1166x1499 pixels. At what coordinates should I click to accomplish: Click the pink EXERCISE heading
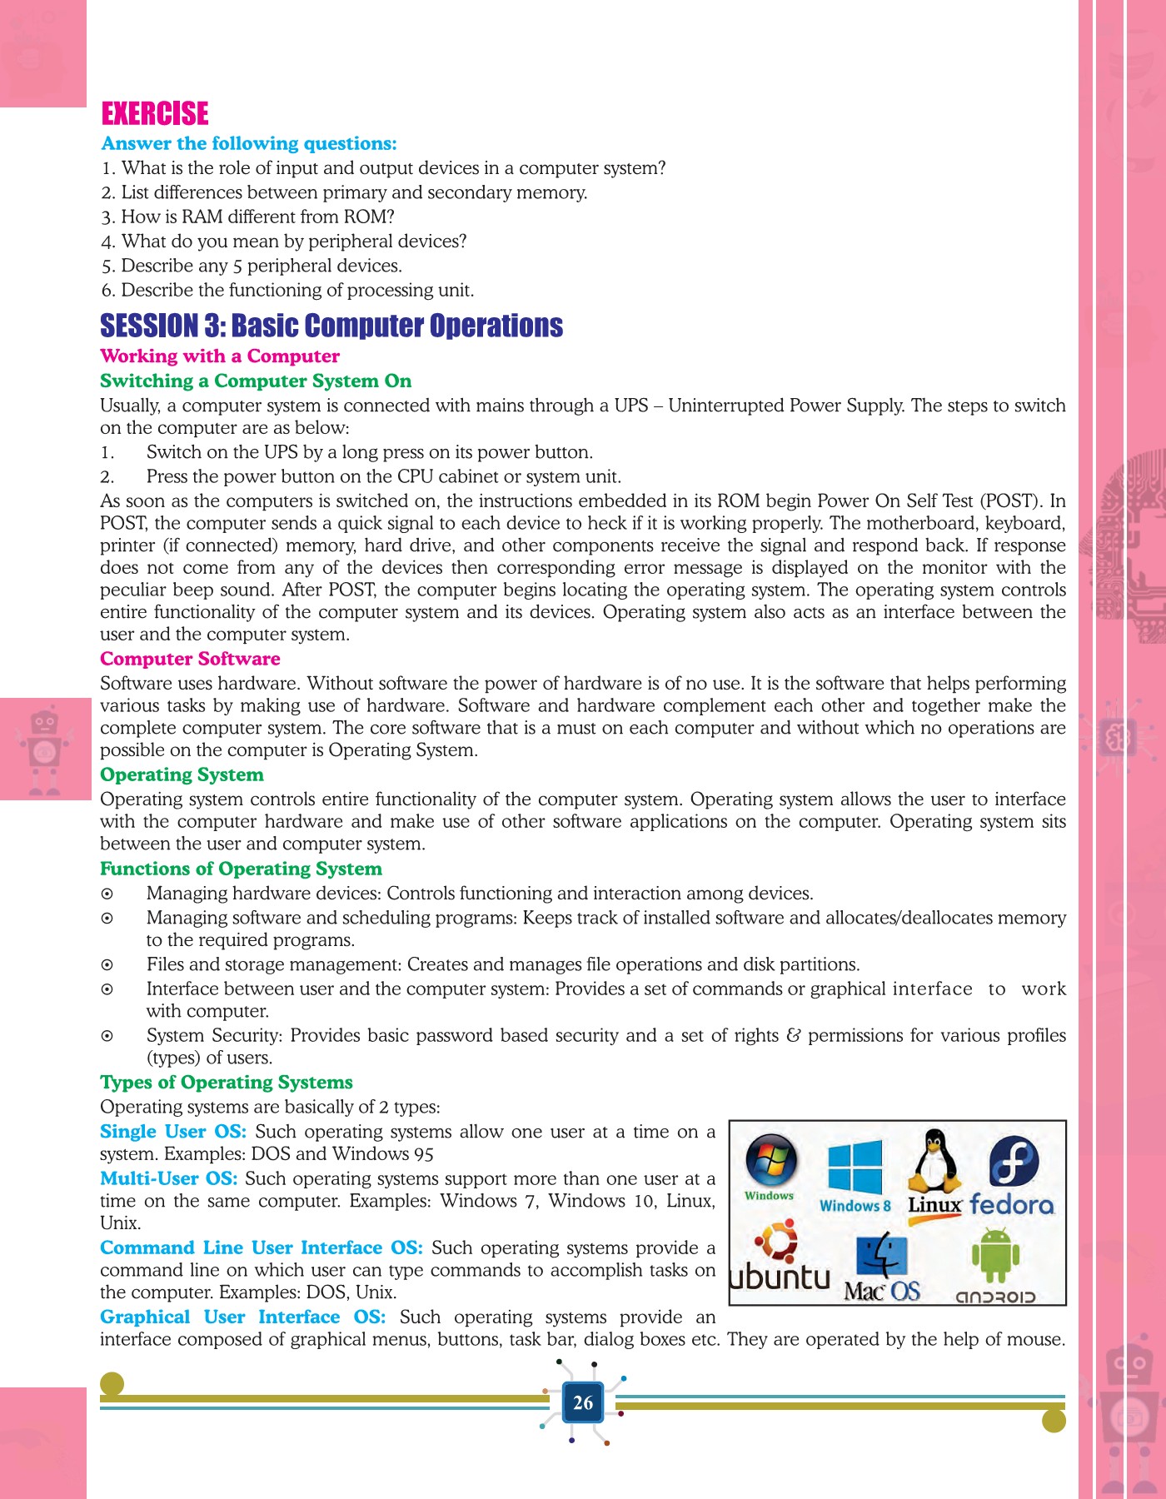(155, 113)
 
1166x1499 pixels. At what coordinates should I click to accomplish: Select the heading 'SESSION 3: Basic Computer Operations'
(331, 326)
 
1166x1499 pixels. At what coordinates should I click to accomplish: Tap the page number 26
(583, 1402)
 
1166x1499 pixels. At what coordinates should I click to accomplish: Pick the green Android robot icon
(994, 1256)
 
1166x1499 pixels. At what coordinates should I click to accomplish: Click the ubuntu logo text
(780, 1277)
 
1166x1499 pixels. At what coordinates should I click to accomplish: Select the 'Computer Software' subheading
(190, 659)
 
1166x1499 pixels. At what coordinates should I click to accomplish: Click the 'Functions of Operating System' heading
(241, 869)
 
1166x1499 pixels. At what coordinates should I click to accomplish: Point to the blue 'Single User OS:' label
(173, 1132)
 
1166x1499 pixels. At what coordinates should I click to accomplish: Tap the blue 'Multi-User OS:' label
(169, 1179)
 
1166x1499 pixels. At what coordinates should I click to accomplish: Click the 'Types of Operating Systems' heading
(227, 1083)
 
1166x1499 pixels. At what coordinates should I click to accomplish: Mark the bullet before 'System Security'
(107, 1037)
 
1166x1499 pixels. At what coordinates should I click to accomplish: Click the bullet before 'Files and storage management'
(107, 965)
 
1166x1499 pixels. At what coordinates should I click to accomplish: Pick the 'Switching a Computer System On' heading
(256, 381)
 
